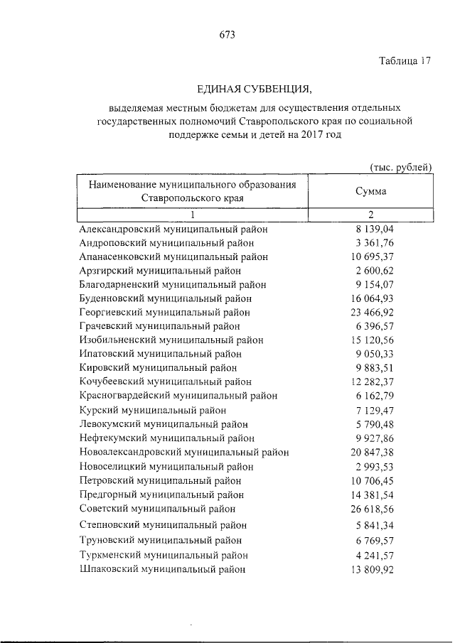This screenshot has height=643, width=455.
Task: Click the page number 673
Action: (x=227, y=34)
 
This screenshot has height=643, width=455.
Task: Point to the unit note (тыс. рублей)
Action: (x=401, y=168)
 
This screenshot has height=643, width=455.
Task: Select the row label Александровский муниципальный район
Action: (x=173, y=229)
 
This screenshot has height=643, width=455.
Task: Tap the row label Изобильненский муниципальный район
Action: (x=168, y=340)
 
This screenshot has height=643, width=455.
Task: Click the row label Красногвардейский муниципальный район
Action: (x=178, y=395)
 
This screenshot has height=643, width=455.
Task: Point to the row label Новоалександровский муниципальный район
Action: (x=183, y=451)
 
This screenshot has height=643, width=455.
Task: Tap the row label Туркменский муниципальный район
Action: (x=164, y=555)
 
